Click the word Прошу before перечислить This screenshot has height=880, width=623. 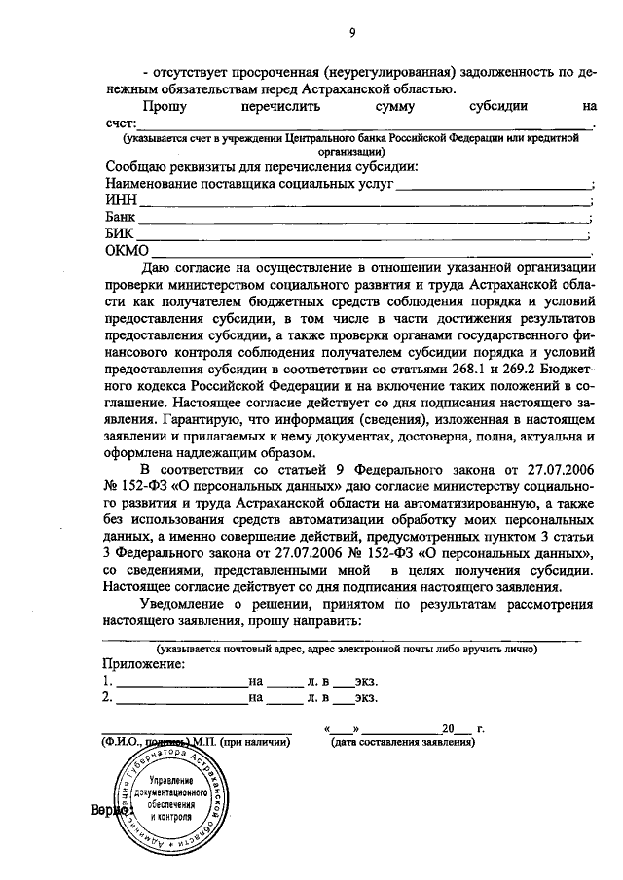(165, 108)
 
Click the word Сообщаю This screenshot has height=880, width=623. (135, 165)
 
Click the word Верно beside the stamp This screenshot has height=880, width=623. (111, 809)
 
